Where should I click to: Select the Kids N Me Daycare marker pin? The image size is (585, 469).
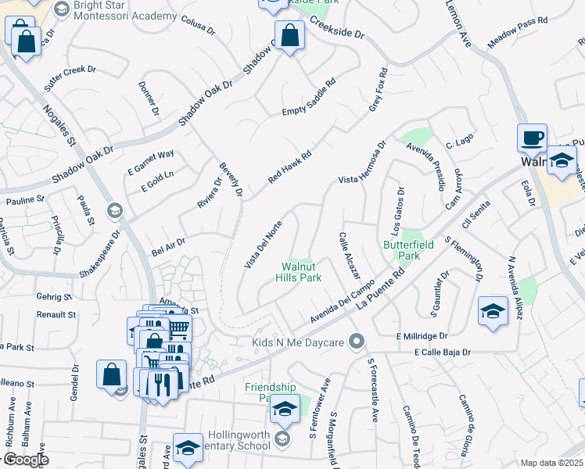[x=357, y=342]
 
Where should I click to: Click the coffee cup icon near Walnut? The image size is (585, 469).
[x=532, y=138]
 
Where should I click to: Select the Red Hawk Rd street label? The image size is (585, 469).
[x=290, y=167]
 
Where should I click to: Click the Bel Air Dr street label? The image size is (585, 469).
[x=168, y=247]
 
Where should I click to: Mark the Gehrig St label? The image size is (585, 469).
[x=54, y=297]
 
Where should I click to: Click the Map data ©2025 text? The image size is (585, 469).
[x=552, y=463]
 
